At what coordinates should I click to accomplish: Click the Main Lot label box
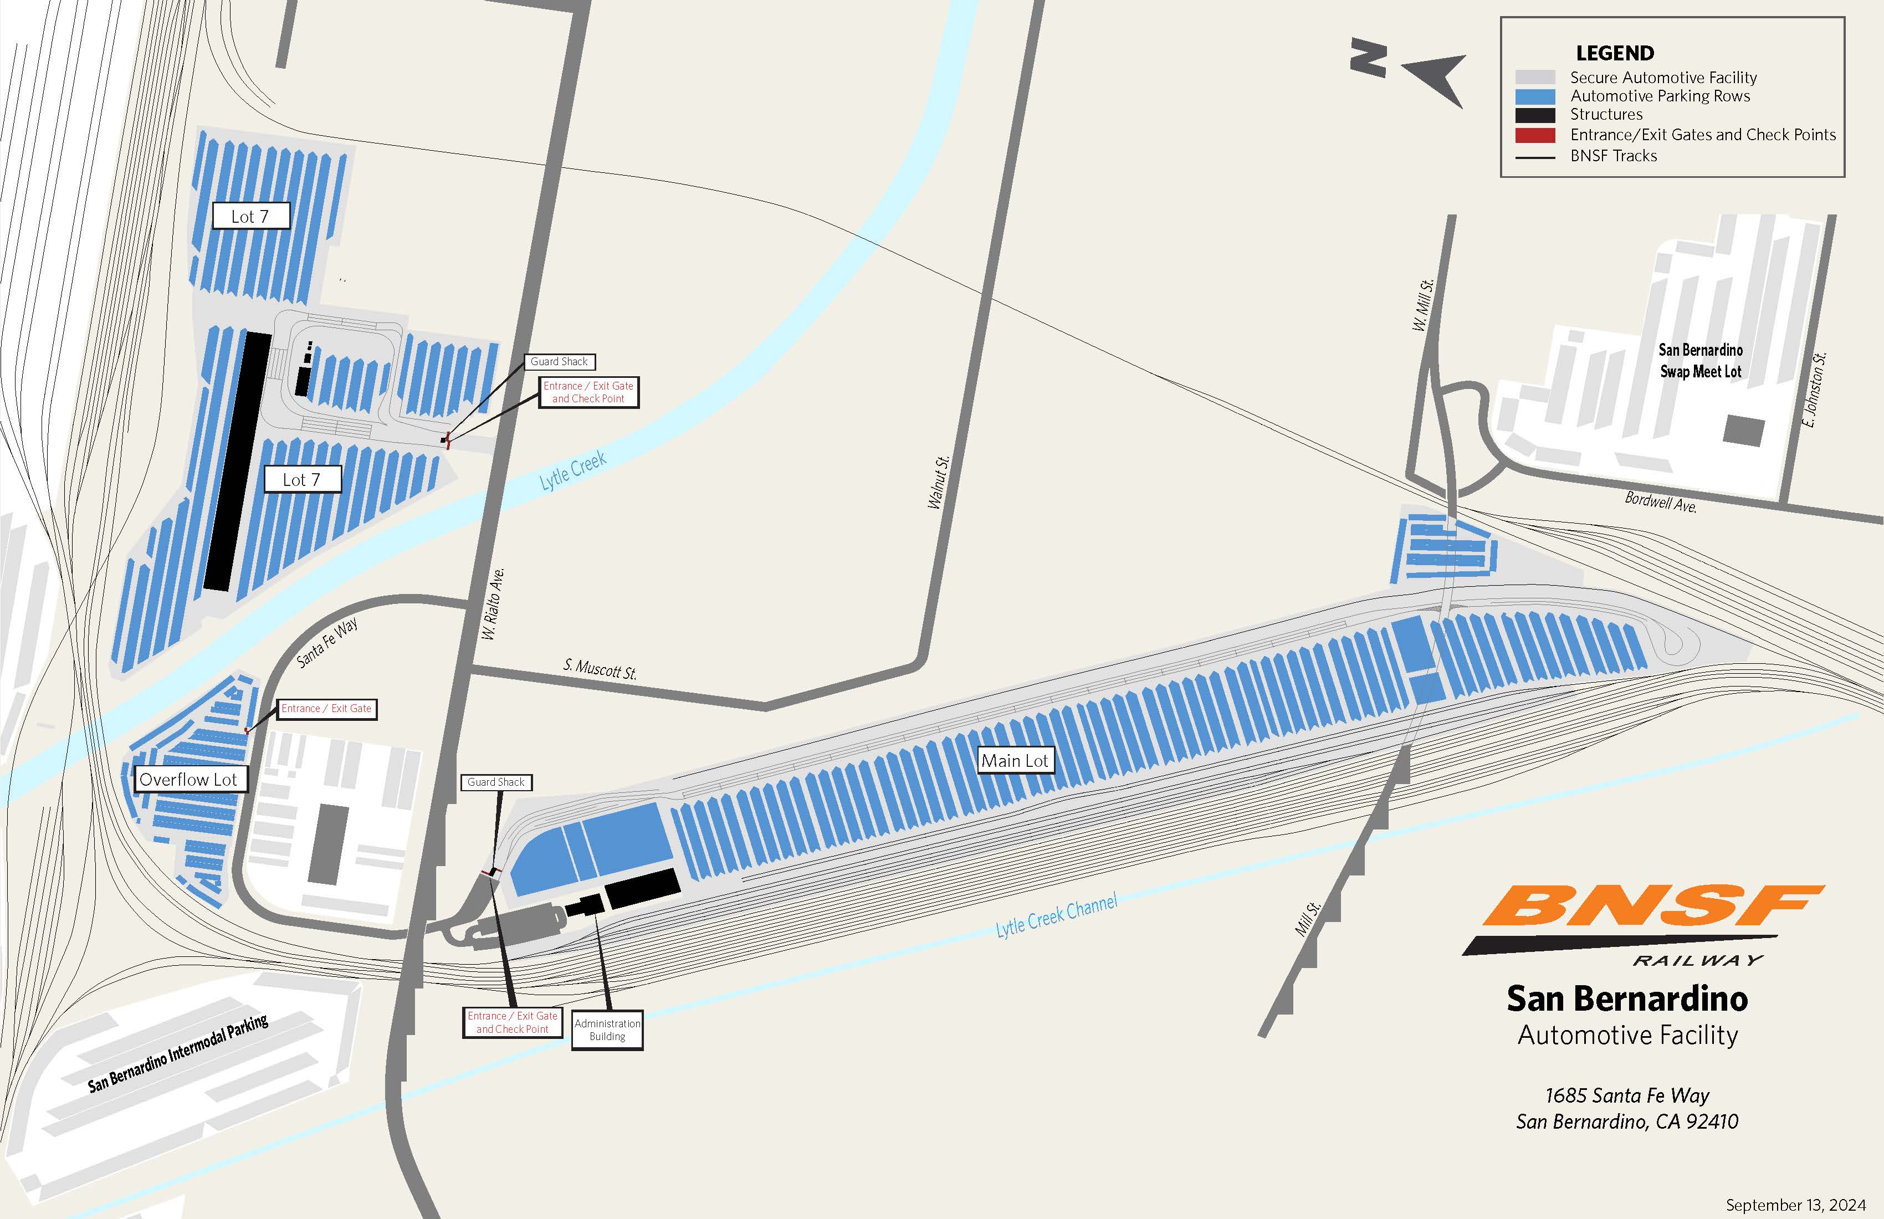[1014, 761]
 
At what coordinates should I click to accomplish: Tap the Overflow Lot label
[188, 780]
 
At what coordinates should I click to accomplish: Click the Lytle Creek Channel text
[1056, 916]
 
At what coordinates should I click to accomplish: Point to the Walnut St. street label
[938, 482]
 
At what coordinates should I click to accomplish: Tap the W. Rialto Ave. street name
[493, 604]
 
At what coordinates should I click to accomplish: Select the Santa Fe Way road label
[327, 642]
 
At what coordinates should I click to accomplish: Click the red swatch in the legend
[1535, 135]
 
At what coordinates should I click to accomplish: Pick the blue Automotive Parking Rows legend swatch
[1535, 96]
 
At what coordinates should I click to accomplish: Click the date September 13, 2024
[1795, 1205]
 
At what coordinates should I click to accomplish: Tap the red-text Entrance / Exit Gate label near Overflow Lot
[326, 709]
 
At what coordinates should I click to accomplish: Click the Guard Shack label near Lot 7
[559, 362]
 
